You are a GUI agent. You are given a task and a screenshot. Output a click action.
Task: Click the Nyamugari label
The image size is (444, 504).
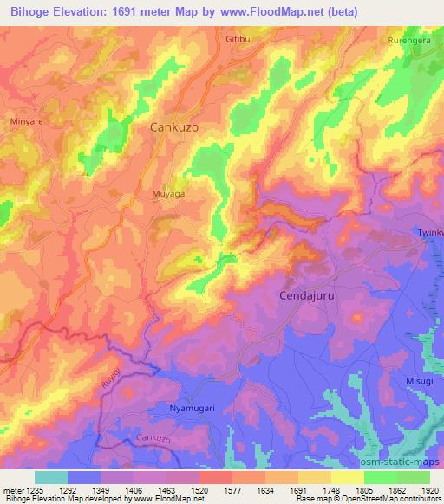191,407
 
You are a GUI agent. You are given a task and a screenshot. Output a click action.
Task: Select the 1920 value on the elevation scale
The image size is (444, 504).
429,490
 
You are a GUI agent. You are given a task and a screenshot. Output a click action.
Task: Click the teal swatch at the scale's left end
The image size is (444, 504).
50,477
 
